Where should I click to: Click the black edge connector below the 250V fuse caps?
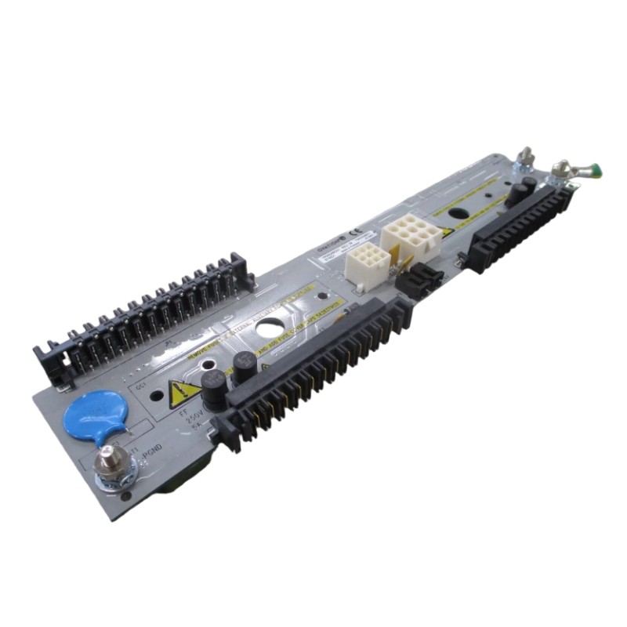[x=313, y=368]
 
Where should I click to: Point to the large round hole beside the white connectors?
[x=271, y=330]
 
